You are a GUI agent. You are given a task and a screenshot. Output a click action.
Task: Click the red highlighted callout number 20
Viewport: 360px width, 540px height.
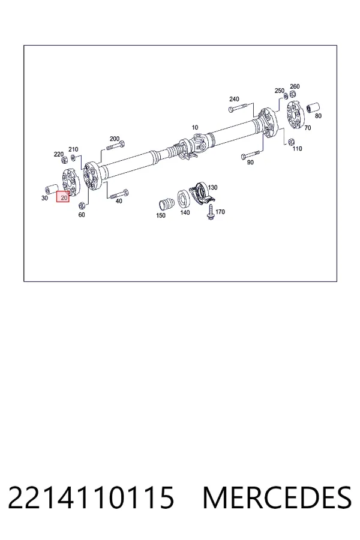coord(63,197)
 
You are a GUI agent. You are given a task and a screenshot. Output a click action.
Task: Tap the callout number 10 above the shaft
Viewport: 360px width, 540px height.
coord(194,127)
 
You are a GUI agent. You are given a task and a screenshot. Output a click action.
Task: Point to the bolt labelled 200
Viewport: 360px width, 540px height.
coord(115,146)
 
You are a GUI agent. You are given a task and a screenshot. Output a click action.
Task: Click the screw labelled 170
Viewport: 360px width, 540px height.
coord(210,212)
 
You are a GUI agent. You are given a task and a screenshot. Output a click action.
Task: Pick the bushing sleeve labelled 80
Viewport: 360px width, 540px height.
coord(313,107)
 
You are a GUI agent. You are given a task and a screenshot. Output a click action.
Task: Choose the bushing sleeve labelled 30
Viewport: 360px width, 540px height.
coord(52,189)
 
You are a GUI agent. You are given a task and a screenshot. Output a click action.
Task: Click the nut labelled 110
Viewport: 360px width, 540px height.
coord(291,142)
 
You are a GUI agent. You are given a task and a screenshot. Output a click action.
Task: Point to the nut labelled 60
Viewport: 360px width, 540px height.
coord(82,206)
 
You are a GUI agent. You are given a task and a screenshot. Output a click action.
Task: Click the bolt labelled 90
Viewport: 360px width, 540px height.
coord(251,155)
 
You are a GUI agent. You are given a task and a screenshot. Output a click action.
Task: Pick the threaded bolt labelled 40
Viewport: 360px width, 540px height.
coord(119,194)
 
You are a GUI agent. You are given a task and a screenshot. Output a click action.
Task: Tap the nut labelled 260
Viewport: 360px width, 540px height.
coord(292,94)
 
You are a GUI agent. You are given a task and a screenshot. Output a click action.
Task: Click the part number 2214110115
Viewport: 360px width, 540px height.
coord(91,497)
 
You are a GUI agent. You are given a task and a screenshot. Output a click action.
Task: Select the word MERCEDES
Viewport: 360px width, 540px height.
coord(277,497)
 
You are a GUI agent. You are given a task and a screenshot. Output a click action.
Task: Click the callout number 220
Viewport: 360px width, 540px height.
coord(59,154)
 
